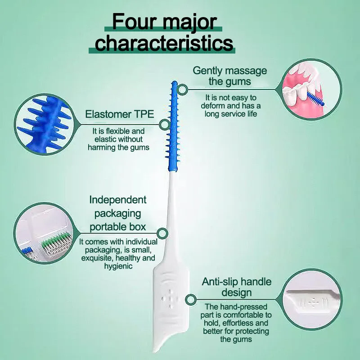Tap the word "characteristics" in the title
point(164,43)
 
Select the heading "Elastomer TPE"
point(120,114)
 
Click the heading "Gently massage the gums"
point(229,76)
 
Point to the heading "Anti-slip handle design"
point(236,287)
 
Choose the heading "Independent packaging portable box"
point(118,213)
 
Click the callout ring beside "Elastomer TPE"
point(164,125)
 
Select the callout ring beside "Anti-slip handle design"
point(191,298)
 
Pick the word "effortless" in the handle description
point(243,323)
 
